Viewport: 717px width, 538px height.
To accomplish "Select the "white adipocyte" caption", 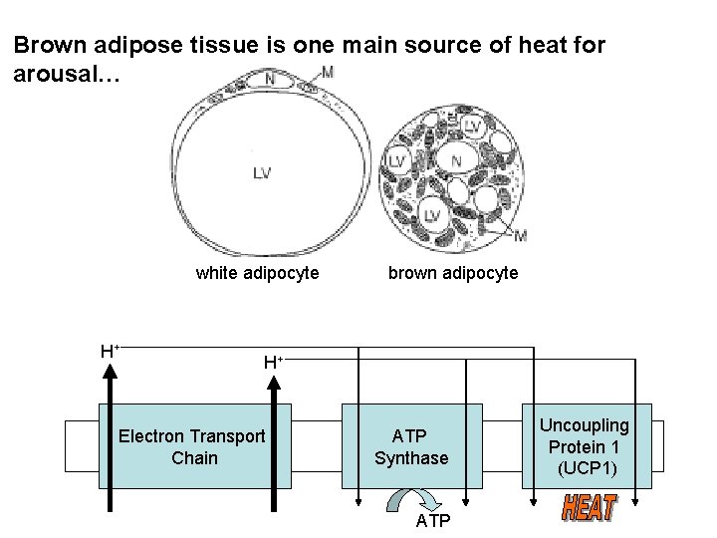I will tap(257, 272).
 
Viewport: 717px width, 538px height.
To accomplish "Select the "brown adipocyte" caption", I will tap(453, 272).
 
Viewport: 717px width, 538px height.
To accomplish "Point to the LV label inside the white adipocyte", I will tap(261, 172).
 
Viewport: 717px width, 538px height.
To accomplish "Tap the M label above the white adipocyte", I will tap(328, 73).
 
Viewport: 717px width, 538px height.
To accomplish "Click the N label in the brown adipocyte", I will tap(456, 159).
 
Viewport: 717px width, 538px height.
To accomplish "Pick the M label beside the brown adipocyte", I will tap(520, 236).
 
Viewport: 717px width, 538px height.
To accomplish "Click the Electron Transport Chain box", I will tap(191, 446).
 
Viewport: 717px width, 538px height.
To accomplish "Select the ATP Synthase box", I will tap(411, 446).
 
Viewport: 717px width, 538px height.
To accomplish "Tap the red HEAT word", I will tap(589, 508).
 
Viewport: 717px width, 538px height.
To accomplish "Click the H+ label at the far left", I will tap(110, 351).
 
